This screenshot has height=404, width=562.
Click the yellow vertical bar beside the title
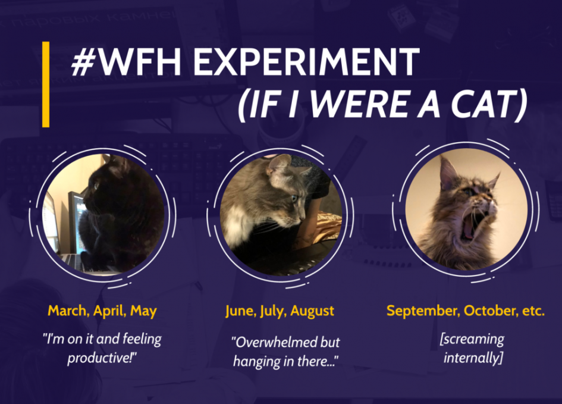(46, 84)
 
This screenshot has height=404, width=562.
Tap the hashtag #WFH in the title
(126, 62)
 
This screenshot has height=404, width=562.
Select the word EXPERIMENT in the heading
(306, 62)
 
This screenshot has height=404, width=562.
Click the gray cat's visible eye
(294, 198)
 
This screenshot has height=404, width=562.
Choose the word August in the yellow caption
(312, 311)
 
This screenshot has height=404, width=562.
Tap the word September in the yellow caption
(423, 311)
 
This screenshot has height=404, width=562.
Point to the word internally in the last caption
(471, 358)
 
